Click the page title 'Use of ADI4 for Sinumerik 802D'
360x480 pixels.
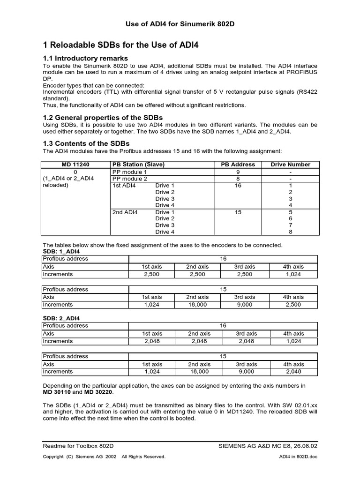180,24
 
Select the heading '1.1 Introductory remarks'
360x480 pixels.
86,59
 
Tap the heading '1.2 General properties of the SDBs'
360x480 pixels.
103,117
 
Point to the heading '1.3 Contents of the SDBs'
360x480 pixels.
86,143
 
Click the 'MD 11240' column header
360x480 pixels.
75,165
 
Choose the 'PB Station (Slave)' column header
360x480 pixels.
138,165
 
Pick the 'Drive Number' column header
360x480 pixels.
290,165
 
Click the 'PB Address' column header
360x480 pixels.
238,165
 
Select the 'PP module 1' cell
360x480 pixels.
130,172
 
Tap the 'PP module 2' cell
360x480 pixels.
130,179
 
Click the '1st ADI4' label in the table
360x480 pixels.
124,186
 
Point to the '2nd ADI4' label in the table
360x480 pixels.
124,212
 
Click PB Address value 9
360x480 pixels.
238,172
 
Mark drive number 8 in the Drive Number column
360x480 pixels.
291,232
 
